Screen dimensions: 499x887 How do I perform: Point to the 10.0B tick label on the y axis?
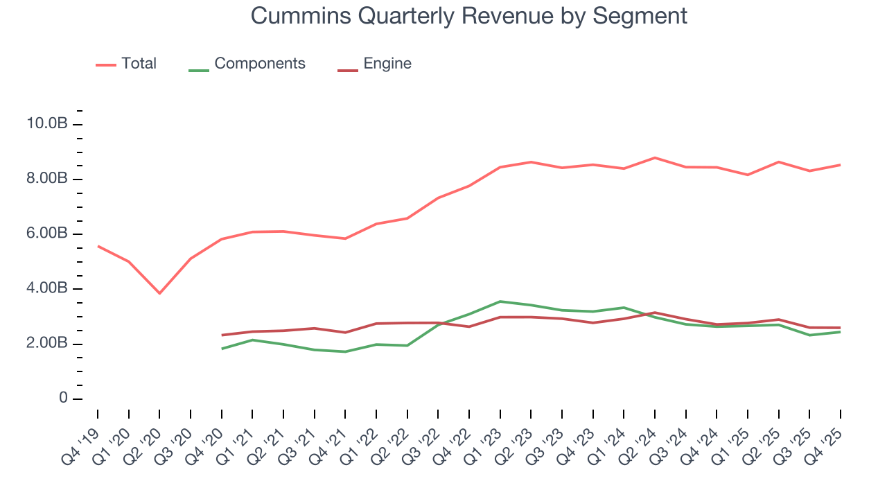pyautogui.click(x=46, y=124)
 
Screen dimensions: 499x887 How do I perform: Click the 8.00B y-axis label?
pyautogui.click(x=46, y=179)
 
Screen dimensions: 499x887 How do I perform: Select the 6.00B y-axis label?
pyautogui.click(x=46, y=234)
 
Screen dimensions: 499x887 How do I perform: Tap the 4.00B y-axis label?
pyautogui.click(x=46, y=289)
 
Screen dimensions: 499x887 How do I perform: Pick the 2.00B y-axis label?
pyautogui.click(x=46, y=344)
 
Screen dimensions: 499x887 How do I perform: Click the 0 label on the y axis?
pyautogui.click(x=63, y=399)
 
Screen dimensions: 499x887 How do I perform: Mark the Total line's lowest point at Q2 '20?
pyautogui.click(x=159, y=293)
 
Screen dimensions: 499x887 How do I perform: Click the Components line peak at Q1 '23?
pyautogui.click(x=500, y=301)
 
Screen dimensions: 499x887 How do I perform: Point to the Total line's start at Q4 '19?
pyautogui.click(x=98, y=246)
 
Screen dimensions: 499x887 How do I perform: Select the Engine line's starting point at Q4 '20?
pyautogui.click(x=222, y=335)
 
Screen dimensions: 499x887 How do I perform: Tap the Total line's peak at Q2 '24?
pyautogui.click(x=655, y=158)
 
